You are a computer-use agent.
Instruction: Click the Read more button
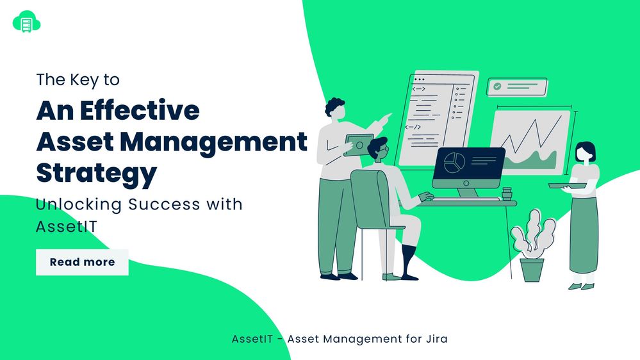click(82, 262)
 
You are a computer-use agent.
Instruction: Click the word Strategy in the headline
click(96, 174)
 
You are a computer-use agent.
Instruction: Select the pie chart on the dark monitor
click(454, 162)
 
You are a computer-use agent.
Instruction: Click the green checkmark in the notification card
click(497, 86)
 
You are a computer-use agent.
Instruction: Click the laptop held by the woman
click(567, 185)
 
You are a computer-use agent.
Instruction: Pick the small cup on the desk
click(507, 193)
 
